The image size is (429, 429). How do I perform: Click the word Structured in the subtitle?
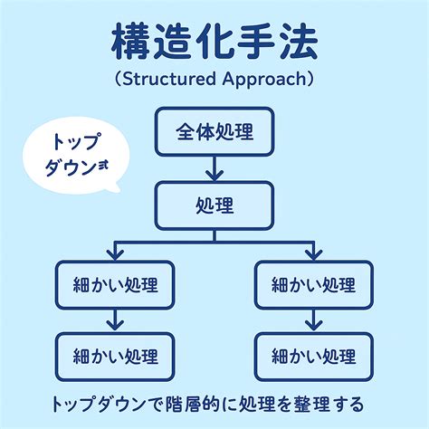click(169, 79)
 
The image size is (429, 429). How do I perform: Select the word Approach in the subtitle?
click(264, 80)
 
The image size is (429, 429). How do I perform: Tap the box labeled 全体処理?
click(214, 132)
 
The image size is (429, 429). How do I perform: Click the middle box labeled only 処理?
click(214, 205)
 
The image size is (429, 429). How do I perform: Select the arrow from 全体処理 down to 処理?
click(214, 168)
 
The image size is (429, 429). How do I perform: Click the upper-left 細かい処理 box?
click(115, 285)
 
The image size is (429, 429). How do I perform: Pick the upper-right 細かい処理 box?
click(314, 285)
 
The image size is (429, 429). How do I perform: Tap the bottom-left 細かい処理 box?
click(115, 357)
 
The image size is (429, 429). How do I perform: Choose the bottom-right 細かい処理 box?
click(314, 357)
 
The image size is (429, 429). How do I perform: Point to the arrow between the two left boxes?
click(115, 320)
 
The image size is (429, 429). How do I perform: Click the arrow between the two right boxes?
click(314, 320)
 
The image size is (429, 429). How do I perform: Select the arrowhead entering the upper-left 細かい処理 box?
click(115, 255)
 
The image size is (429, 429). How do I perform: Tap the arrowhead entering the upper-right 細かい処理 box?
click(314, 255)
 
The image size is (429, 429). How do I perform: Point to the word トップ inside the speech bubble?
click(75, 141)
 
